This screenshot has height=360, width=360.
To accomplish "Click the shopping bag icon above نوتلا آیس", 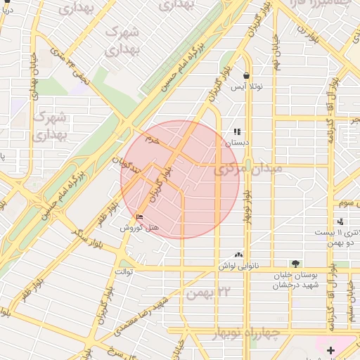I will (247, 75).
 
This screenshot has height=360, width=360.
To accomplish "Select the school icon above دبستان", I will (238, 131).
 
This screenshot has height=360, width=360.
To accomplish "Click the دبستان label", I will (237, 142).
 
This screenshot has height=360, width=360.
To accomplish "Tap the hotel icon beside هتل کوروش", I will (139, 217).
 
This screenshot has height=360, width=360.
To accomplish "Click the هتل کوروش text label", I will (134, 228).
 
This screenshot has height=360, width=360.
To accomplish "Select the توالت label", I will (123, 271).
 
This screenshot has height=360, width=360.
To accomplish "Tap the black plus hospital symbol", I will (331, 349).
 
